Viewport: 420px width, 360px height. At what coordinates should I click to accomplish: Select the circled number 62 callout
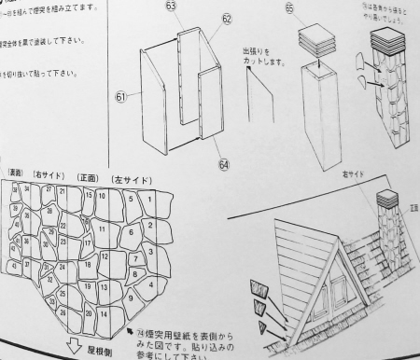(227, 18)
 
